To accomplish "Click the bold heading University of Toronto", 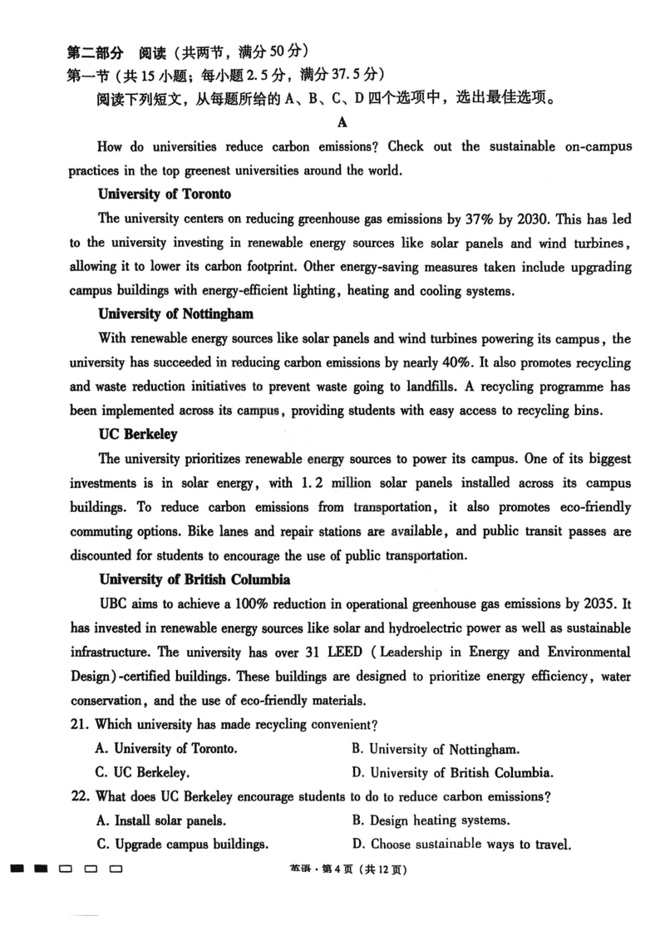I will pos(165,195).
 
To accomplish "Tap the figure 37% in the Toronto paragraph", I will pos(480,219).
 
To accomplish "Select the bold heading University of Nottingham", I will pos(175,314).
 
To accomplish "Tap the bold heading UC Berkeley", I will pos(138,435).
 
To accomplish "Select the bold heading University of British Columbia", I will pos(195,579).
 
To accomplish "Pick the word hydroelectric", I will pos(436,628).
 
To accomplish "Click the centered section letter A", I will pos(342,123).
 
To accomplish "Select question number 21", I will pos(79,724).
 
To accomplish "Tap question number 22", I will pos(79,796).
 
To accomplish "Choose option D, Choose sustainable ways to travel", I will pos(461,845).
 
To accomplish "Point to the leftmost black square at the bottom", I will pos(16,870).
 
